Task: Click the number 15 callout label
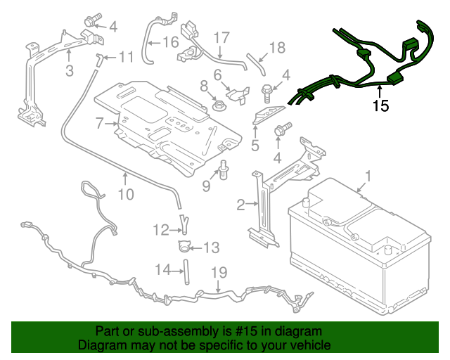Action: (380, 107)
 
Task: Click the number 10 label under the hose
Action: (125, 193)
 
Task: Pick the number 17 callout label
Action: (221, 37)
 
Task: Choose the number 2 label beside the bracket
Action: (240, 205)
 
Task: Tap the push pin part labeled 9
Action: (223, 169)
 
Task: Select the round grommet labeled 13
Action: (184, 246)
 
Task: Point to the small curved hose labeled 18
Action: (257, 64)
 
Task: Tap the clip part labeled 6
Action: (238, 91)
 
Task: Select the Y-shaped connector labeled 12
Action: (184, 224)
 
